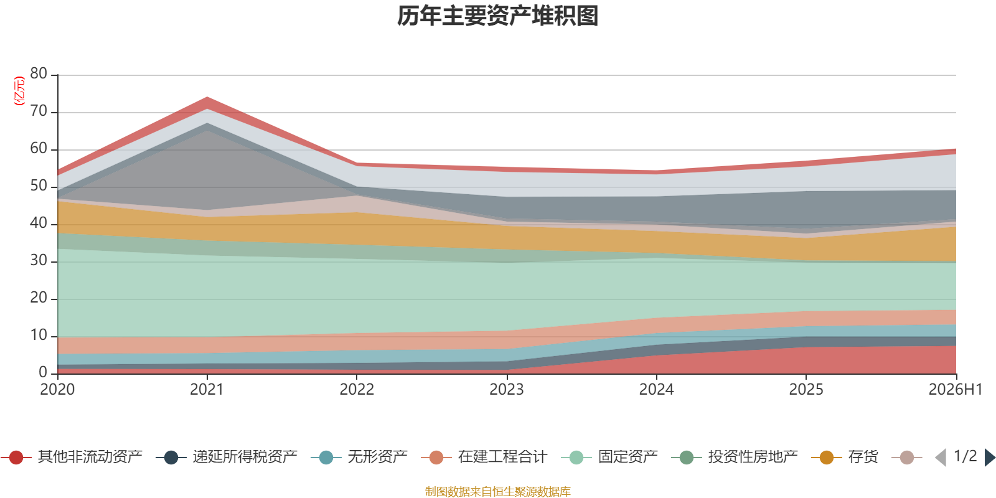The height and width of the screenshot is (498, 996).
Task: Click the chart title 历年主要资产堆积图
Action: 497,16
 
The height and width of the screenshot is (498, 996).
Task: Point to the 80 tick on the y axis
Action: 39,73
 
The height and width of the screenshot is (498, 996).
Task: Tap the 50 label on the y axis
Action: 39,186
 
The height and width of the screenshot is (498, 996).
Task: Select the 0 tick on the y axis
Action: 43,372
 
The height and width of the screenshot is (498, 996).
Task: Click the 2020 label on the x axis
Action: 57,390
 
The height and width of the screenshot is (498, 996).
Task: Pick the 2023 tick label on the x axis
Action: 507,390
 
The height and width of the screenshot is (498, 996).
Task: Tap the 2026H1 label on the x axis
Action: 956,390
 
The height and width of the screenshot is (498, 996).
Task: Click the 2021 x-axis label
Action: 207,390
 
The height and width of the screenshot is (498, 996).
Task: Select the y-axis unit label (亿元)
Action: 19,91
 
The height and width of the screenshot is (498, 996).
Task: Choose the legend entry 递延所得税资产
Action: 227,457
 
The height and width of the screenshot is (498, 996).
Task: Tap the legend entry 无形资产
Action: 359,457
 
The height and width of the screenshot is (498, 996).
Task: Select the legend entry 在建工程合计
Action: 484,457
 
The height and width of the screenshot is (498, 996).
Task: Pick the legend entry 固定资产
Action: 609,457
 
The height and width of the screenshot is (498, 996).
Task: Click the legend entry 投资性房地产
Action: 735,457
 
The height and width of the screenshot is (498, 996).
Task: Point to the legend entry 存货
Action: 845,457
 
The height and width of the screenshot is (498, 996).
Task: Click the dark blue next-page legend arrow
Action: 990,457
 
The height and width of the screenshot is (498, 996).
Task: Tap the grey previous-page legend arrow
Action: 941,457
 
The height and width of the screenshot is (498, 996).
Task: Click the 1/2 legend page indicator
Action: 965,456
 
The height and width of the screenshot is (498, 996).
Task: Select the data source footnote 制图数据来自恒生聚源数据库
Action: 497,491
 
